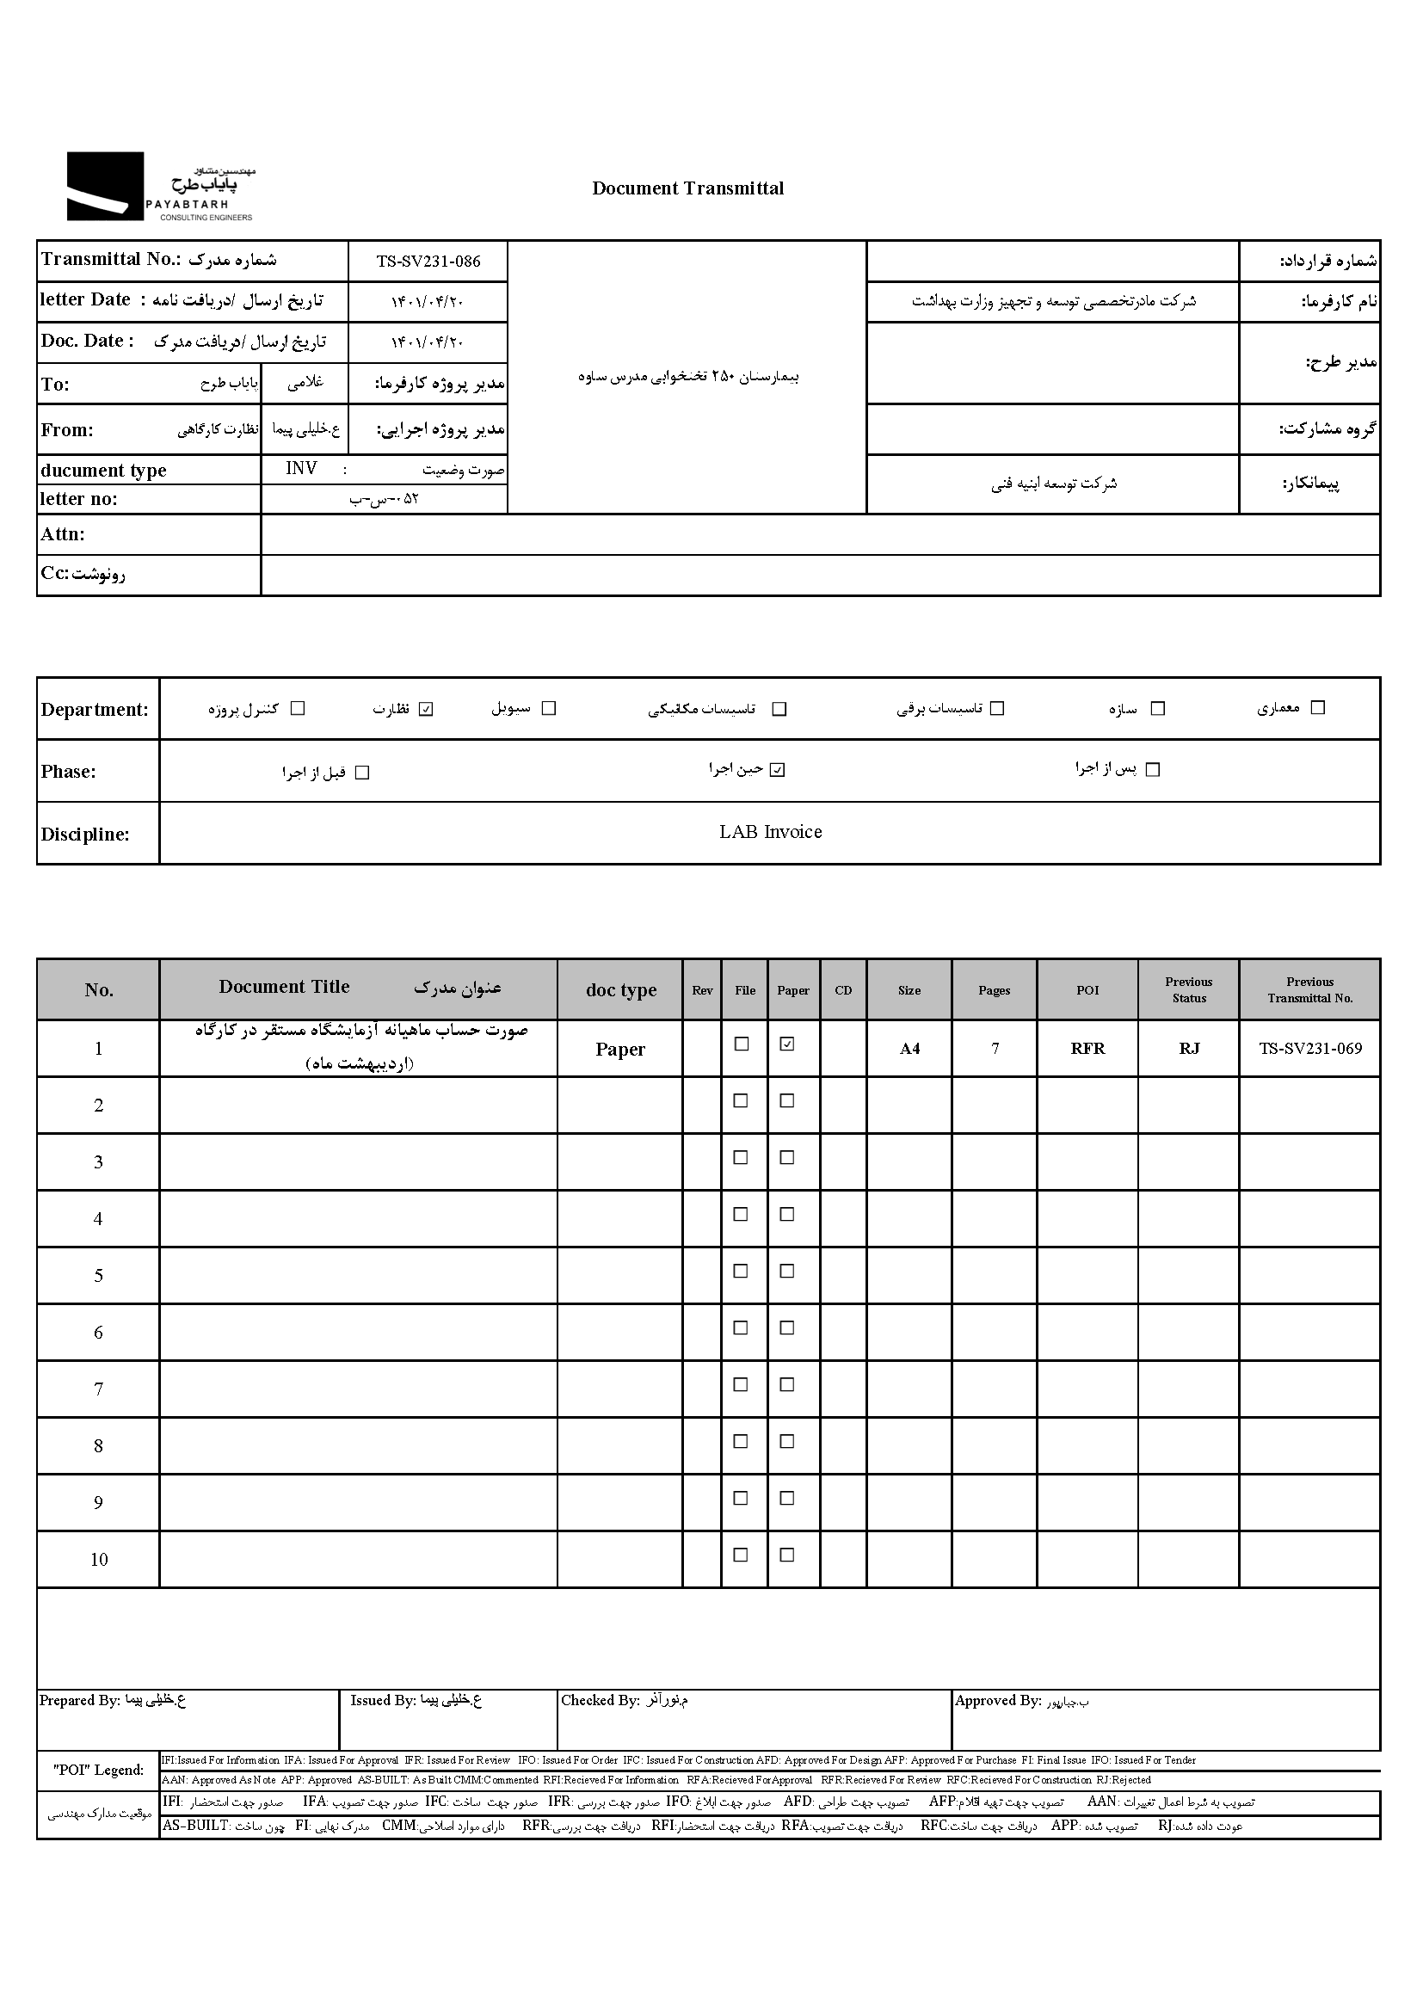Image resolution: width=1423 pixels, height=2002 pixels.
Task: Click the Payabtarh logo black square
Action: [105, 186]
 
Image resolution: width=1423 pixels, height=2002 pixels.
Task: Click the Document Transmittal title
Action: [688, 188]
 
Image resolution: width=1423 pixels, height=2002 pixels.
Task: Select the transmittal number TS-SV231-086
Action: [428, 261]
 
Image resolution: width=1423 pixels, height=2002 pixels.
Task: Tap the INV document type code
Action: [301, 469]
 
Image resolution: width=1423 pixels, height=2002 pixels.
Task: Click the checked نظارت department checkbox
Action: [426, 710]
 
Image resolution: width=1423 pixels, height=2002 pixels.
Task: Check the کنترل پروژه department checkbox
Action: [298, 709]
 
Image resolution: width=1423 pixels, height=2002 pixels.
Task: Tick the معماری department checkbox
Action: [1317, 708]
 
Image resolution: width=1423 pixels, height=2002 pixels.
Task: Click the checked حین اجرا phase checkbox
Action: [777, 770]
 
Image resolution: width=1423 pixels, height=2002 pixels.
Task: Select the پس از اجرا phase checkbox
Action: [1153, 769]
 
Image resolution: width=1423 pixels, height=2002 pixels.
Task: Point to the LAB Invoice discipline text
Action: [770, 832]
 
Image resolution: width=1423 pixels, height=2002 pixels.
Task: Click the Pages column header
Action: [994, 990]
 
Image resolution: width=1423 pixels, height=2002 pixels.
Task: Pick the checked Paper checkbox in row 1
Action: [787, 1044]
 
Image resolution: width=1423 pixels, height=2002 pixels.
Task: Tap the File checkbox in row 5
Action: [742, 1271]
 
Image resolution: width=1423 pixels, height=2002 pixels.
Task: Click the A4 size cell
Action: [909, 1049]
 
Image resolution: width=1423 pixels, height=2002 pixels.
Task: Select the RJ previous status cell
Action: [1188, 1049]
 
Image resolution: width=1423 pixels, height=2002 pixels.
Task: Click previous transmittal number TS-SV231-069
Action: [1310, 1049]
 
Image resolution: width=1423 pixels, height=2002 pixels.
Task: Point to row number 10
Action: [99, 1560]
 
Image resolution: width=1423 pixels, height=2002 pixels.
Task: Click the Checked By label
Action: [601, 1700]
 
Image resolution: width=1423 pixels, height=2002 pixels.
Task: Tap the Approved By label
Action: [997, 1701]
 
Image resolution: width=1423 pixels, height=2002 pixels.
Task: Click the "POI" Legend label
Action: [98, 1770]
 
